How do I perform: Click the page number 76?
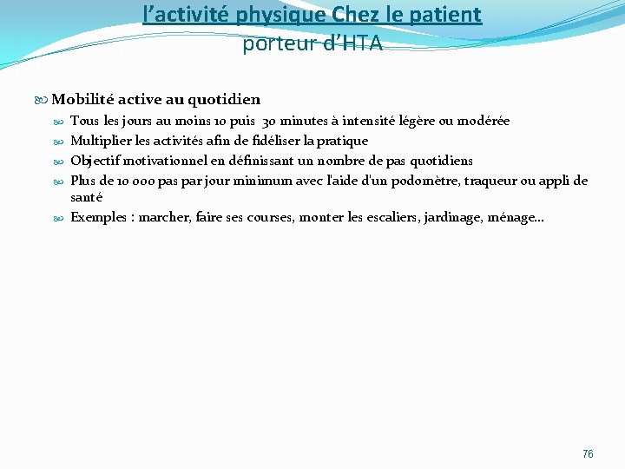click(588, 454)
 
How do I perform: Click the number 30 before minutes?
click(270, 121)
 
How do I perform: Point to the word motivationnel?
click(179, 161)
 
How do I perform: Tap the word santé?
click(87, 197)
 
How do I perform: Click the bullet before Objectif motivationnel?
click(61, 162)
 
